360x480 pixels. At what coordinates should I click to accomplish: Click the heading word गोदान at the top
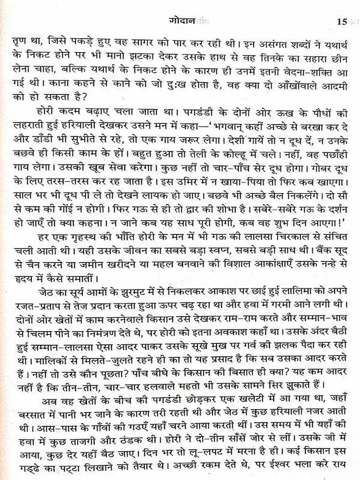(x=183, y=22)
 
